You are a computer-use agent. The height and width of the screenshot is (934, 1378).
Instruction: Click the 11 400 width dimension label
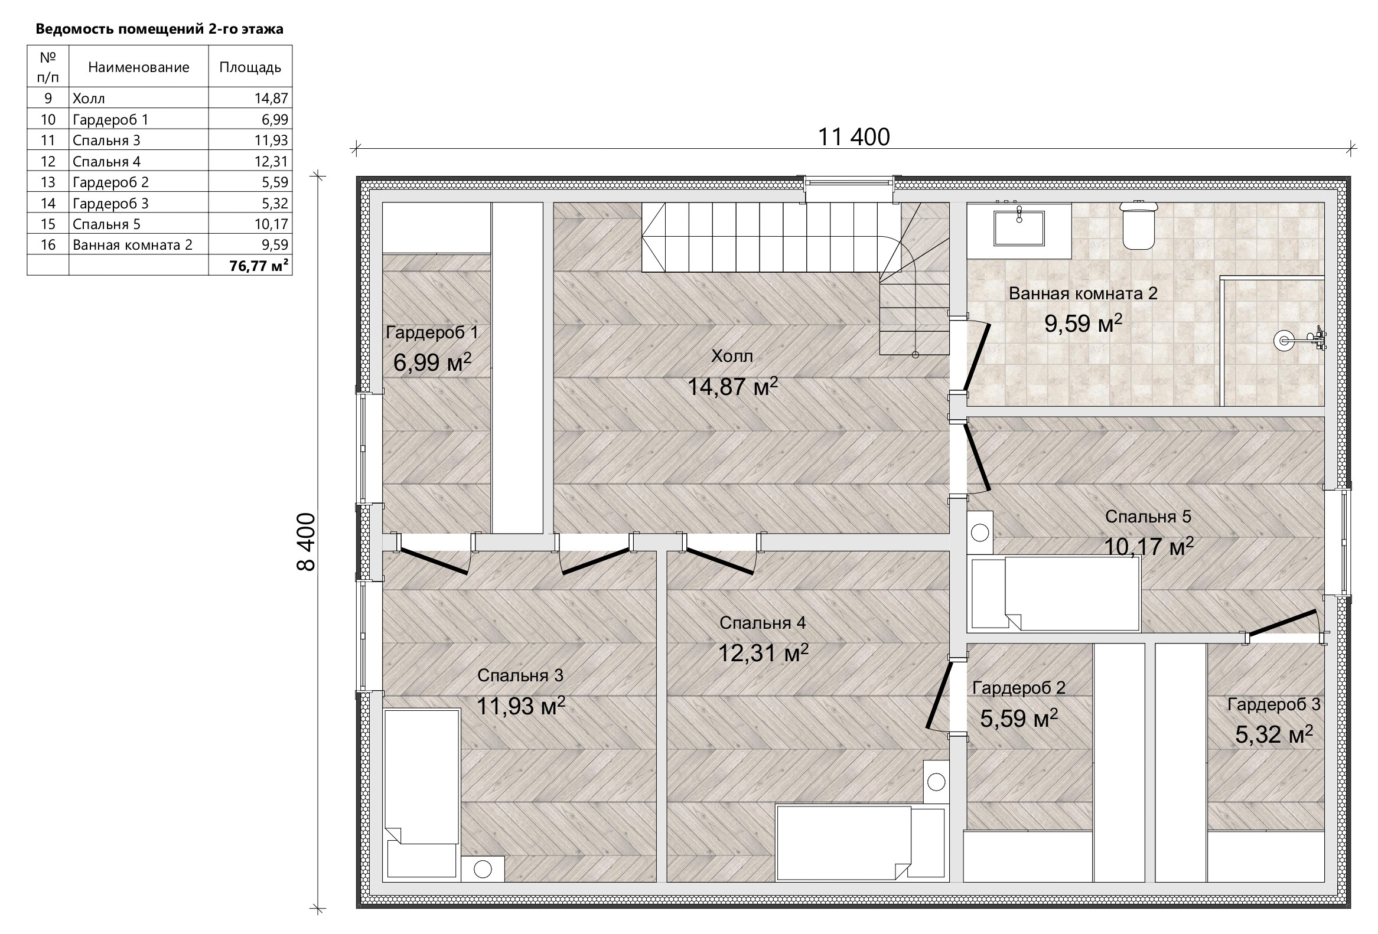coord(854,137)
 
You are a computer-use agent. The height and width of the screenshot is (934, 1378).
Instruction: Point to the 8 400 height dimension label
coord(306,541)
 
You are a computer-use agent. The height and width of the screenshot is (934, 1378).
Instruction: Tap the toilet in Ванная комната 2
coord(1138,224)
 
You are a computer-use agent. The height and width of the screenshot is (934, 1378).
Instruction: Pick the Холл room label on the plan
coord(732,356)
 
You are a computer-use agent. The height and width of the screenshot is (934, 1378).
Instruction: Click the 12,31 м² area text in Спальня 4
coord(763,653)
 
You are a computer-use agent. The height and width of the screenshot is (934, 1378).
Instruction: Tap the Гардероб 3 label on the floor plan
coord(1273,704)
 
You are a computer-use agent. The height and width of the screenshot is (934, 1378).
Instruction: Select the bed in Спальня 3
coord(422,793)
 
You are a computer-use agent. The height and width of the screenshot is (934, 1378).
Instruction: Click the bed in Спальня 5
coord(1054,593)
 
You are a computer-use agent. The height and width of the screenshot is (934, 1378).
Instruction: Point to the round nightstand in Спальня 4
coord(936,782)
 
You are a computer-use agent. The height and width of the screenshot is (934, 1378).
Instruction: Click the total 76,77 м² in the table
coord(259,266)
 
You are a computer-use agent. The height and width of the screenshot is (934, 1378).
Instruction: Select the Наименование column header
coord(139,67)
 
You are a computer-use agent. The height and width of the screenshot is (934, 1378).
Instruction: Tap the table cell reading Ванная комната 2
coord(133,245)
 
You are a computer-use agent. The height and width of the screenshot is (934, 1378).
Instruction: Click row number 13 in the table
coord(48,182)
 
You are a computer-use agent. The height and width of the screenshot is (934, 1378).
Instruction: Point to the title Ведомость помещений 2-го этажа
coord(159,29)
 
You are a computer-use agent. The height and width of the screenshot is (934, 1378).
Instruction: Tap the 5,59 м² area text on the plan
coord(1019,719)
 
